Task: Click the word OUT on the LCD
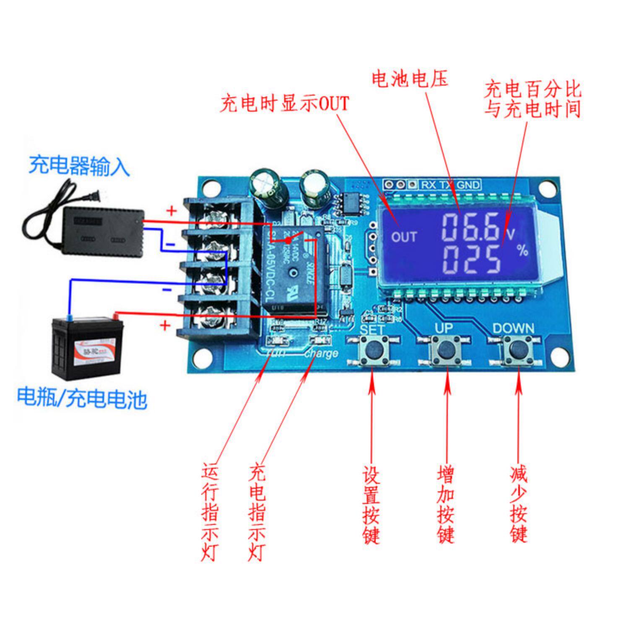coord(404,237)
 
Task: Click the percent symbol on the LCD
coord(522,251)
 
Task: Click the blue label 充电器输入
coord(79,166)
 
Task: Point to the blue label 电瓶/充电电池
coord(82,398)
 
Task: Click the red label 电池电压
coord(410,79)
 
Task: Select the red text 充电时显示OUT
coord(285,103)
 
